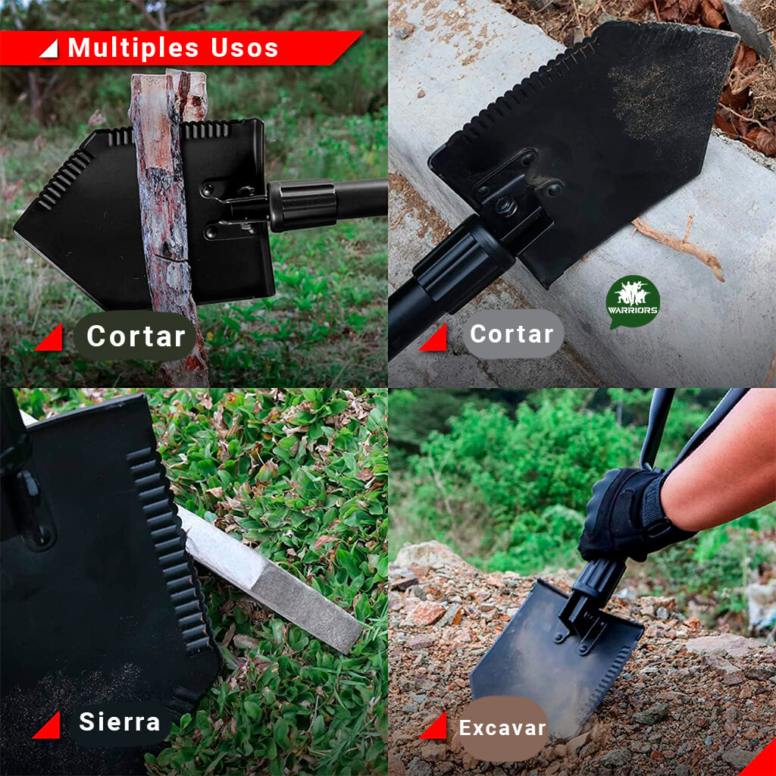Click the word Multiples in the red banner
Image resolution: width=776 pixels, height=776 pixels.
point(133,48)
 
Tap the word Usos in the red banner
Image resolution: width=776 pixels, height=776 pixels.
point(245,48)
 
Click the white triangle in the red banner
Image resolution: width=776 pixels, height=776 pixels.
point(49,49)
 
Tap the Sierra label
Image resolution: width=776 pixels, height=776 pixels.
point(119,721)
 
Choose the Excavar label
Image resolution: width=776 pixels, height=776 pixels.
point(503,728)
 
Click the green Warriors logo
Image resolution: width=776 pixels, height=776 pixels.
point(633,302)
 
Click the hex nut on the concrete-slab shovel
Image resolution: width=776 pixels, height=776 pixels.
point(505,205)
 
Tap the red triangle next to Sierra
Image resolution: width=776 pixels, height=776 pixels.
point(48,725)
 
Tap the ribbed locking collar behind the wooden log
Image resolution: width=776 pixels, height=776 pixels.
point(302,205)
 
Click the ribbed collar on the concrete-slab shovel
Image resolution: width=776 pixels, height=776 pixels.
point(464,264)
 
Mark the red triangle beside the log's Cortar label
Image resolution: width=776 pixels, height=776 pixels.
point(50,338)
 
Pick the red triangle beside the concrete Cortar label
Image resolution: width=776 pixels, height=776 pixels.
point(434,338)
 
